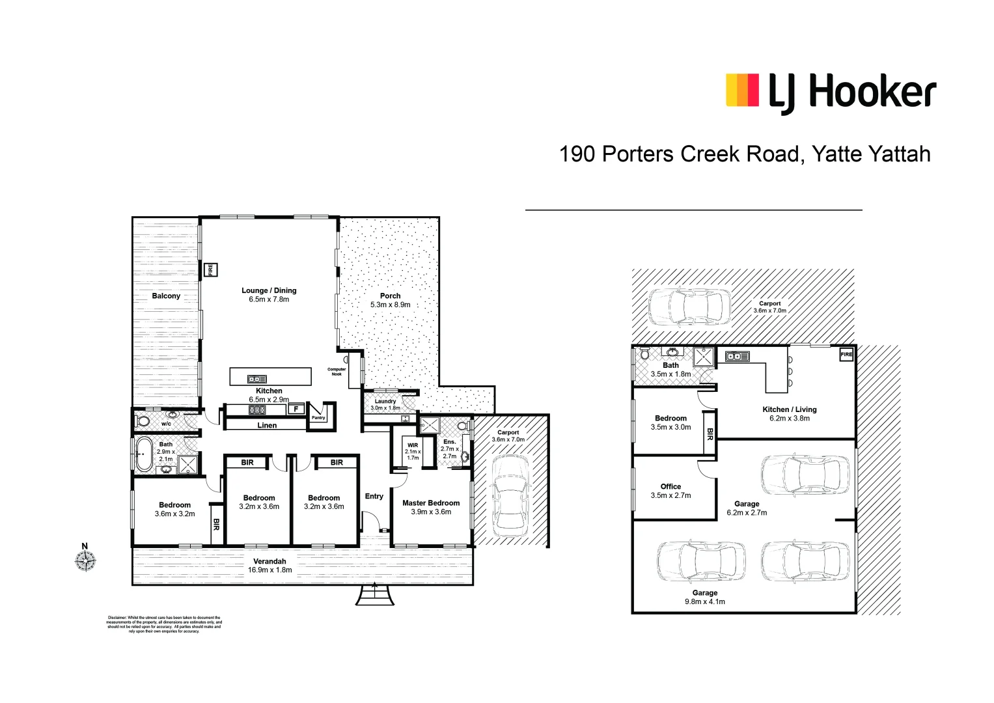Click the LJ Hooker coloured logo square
point(742,90)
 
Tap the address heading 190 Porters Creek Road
point(745,154)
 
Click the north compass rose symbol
point(85,560)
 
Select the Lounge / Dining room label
point(269,290)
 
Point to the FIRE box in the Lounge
point(210,269)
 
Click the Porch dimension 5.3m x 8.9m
point(391,305)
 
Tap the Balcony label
point(166,296)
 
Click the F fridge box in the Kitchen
point(296,409)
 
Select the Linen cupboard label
point(267,425)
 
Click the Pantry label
point(318,418)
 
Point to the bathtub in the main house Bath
point(143,454)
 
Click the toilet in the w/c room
point(143,421)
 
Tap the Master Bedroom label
point(431,503)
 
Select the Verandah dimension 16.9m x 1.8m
point(269,570)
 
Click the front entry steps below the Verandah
point(374,594)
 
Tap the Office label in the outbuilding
point(670,486)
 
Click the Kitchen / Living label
point(789,409)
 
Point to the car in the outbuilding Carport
point(686,306)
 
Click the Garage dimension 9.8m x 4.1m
point(704,601)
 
